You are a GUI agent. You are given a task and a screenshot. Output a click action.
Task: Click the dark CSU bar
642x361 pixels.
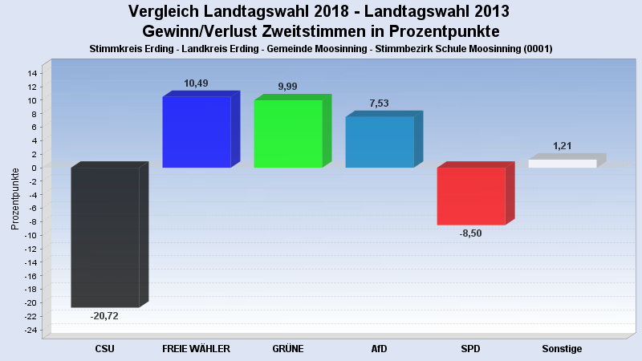(x=105, y=237)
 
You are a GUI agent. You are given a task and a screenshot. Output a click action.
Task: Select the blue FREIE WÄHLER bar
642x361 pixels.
(x=197, y=132)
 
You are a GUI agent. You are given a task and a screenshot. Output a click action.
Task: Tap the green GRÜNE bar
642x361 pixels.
(x=288, y=133)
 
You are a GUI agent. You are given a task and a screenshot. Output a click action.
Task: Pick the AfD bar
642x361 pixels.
(x=380, y=141)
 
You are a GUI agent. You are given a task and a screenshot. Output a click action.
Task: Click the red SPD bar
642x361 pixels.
(x=471, y=196)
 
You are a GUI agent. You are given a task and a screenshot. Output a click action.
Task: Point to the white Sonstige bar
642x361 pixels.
(x=563, y=164)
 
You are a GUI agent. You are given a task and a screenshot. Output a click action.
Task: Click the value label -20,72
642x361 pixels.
(x=105, y=316)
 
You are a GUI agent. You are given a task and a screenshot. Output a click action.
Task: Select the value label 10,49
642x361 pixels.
(x=197, y=83)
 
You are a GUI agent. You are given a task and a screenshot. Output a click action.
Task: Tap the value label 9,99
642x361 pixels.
(x=288, y=87)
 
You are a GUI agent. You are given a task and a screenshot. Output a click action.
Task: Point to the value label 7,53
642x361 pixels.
(x=380, y=103)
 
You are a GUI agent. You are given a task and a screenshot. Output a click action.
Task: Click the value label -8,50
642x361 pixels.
(x=471, y=233)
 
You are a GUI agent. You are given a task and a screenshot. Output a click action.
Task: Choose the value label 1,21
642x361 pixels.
(x=563, y=146)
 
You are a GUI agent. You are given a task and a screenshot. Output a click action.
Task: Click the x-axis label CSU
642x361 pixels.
(x=105, y=349)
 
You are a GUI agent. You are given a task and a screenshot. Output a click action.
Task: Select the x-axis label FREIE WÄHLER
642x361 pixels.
(x=197, y=349)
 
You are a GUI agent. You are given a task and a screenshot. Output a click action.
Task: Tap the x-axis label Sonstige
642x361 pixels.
(x=562, y=349)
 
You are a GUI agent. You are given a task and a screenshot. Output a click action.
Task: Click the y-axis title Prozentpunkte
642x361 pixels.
(x=15, y=199)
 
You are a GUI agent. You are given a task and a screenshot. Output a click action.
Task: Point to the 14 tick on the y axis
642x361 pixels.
(x=33, y=73)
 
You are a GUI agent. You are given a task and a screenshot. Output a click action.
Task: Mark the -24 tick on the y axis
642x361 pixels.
(x=30, y=330)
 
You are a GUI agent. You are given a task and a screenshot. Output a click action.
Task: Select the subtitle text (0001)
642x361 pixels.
(x=537, y=49)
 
